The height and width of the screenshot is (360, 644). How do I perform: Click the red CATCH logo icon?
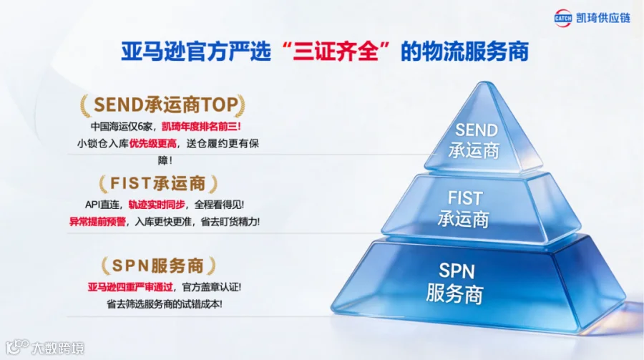562,18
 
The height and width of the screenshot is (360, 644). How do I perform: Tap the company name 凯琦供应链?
603,18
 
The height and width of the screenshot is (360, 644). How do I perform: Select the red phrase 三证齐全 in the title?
336,52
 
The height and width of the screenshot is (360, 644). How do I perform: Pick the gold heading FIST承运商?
158,184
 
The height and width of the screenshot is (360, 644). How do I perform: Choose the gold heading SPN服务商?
158,266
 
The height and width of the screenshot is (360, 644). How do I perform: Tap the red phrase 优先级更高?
153,143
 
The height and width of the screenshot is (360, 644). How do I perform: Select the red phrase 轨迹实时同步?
157,205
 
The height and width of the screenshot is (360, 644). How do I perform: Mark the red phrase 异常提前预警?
97,222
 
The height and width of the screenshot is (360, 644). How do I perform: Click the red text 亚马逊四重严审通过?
130,287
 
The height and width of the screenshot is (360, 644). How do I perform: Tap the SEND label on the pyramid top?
477,130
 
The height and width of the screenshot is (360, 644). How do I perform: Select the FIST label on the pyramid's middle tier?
465,198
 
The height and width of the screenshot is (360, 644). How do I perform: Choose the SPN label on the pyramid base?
457,271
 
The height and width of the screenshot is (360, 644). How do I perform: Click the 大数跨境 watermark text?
58,349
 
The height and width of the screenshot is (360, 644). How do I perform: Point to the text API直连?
102,205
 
